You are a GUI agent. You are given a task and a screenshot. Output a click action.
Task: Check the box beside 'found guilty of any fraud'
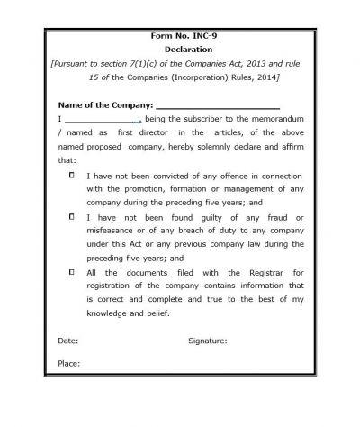[71, 217]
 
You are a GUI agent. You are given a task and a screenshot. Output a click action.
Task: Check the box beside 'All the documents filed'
[71, 271]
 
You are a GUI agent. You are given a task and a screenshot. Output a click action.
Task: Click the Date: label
[68, 341]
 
